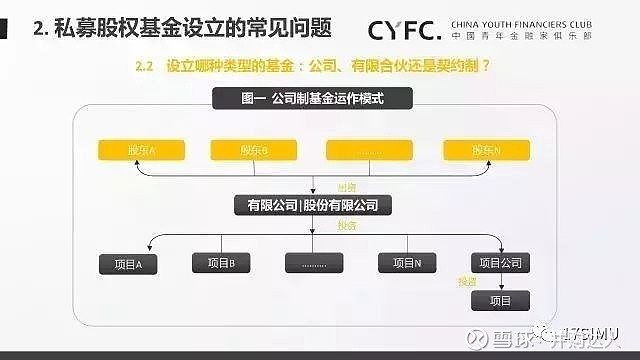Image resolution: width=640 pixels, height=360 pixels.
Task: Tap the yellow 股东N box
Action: tap(485, 150)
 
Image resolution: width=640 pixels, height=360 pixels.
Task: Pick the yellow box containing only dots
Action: tap(369, 150)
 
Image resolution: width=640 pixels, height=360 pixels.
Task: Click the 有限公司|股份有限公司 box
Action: tap(312, 205)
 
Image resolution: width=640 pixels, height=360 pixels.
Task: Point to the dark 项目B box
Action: tap(220, 263)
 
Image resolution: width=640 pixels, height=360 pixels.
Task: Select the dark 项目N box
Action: tap(406, 263)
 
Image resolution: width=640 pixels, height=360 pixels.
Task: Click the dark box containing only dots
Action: tap(313, 264)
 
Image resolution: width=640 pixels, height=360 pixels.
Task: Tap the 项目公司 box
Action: tap(501, 263)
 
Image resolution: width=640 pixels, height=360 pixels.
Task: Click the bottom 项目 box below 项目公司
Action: tap(501, 300)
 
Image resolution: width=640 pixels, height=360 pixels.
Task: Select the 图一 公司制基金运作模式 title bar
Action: tap(313, 99)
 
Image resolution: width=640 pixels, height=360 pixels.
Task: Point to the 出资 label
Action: tap(347, 187)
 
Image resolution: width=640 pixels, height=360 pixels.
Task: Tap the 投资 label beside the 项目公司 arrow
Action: tap(467, 282)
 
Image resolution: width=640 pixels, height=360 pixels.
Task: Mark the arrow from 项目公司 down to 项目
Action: tap(501, 282)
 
